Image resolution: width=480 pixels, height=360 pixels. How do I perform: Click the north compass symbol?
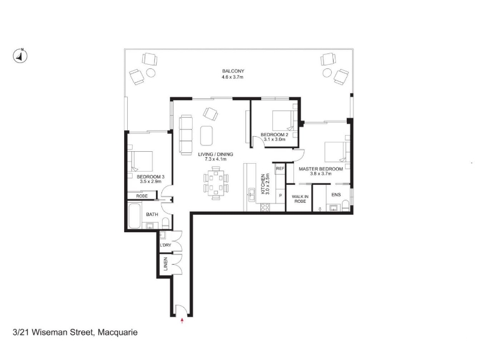[20, 56]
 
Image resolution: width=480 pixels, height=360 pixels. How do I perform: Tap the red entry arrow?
[182, 320]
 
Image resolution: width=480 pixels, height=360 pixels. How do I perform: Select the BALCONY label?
[233, 71]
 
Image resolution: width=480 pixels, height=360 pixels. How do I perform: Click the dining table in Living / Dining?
[216, 183]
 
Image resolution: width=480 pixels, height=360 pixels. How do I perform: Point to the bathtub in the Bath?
[134, 216]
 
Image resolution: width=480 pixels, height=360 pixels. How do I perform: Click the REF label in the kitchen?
[280, 169]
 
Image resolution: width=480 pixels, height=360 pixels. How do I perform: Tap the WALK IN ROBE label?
[300, 199]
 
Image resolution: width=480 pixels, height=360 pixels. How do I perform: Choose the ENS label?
[336, 194]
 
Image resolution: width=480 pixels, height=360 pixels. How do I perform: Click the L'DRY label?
[166, 245]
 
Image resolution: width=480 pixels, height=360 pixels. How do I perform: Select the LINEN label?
[166, 264]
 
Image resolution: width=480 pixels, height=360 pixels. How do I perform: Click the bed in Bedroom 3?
[140, 161]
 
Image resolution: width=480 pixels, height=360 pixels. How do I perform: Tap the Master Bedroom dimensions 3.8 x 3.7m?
[320, 173]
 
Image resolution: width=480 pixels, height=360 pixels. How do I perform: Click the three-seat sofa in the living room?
[185, 134]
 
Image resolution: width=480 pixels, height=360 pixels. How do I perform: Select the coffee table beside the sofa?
[206, 136]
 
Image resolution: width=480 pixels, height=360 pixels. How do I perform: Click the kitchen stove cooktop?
[265, 207]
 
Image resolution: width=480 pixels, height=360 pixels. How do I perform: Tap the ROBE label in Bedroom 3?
[142, 196]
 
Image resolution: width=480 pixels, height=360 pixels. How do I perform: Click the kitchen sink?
[251, 194]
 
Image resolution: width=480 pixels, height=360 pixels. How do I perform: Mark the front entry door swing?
[182, 310]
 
